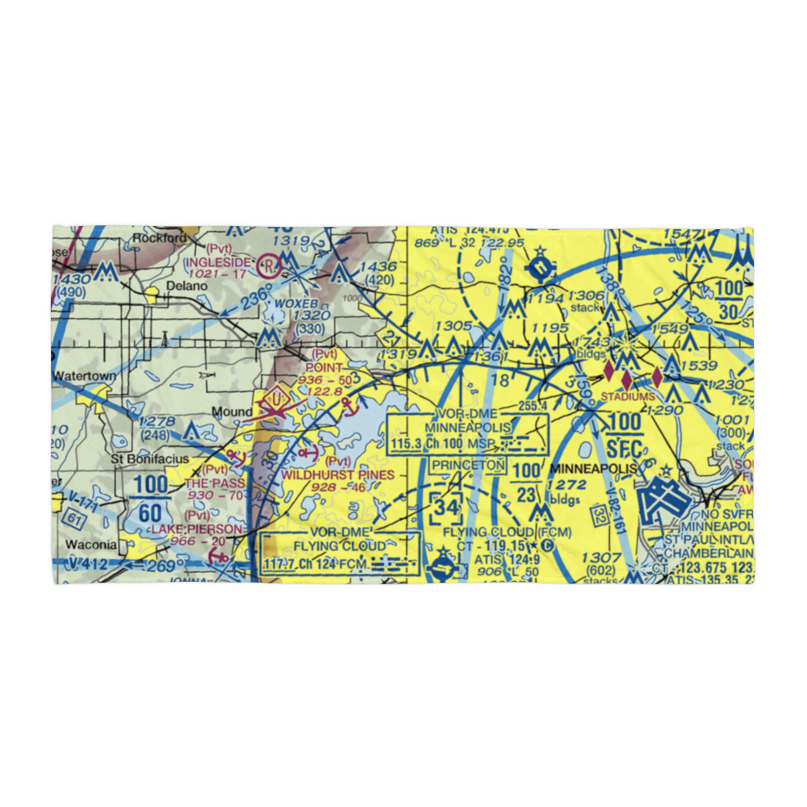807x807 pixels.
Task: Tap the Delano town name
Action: coord(182,286)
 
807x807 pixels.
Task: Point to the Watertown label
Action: coord(84,376)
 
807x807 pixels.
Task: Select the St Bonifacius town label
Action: coord(150,459)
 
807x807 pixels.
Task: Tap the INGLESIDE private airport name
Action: coord(219,262)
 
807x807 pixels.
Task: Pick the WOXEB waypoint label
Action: coord(291,303)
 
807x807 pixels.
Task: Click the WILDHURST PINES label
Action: coord(338,475)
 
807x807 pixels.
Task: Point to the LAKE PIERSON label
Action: coord(202,529)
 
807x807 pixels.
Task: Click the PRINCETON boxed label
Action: coord(468,466)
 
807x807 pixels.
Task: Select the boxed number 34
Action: coord(445,509)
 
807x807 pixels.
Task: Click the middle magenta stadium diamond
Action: coord(627,376)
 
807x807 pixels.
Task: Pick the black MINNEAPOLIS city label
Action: coord(592,468)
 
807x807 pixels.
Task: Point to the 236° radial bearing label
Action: coord(257,298)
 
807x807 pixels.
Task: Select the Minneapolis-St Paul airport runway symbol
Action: coord(665,500)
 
